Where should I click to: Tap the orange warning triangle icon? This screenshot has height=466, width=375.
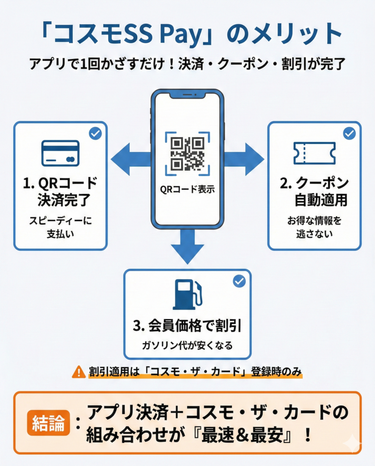pyautogui.click(x=79, y=372)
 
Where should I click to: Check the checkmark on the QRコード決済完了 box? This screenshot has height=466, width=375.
pyautogui.click(x=95, y=133)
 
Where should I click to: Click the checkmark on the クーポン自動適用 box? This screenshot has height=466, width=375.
pyautogui.click(x=349, y=133)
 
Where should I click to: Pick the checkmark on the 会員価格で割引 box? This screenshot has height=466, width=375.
pyautogui.click(x=239, y=281)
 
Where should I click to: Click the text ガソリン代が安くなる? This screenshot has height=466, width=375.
pyautogui.click(x=187, y=345)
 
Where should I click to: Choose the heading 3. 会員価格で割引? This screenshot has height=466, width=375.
pyautogui.click(x=187, y=326)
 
